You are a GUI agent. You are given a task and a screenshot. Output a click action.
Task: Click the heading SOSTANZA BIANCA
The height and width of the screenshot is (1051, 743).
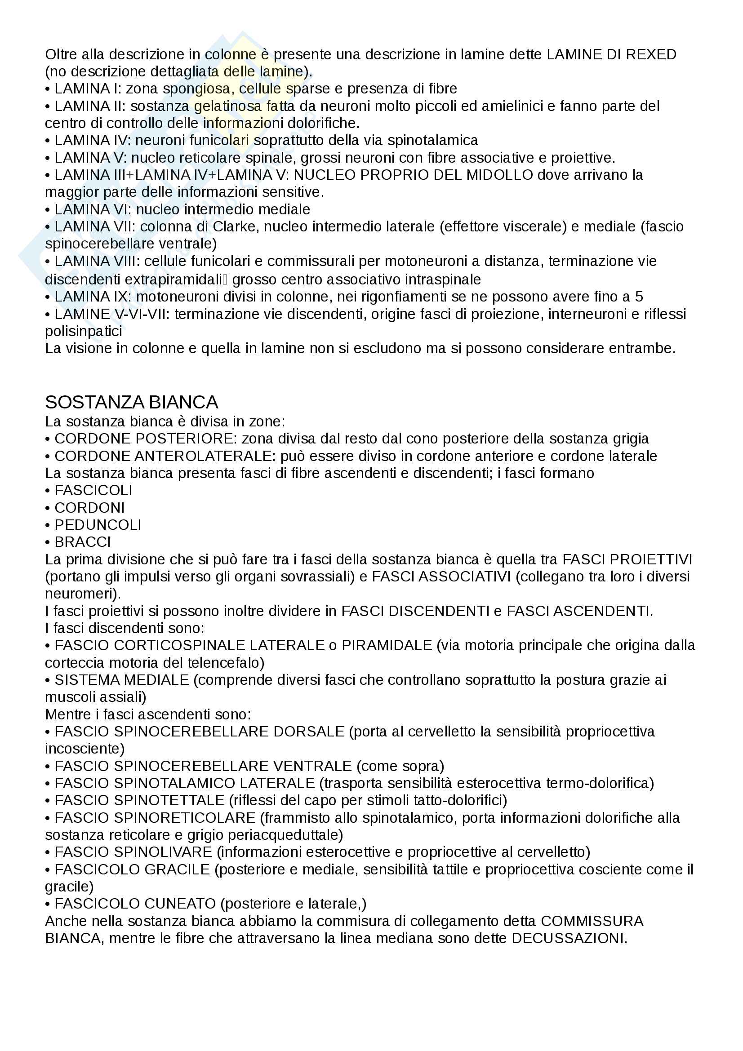[131, 402]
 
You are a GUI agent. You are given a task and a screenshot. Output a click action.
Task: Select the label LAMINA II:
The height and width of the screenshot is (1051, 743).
[90, 106]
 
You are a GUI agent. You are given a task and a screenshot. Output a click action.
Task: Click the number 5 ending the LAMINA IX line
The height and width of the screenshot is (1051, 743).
[639, 297]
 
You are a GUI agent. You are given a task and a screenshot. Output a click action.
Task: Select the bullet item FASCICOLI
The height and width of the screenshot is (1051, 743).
[93, 490]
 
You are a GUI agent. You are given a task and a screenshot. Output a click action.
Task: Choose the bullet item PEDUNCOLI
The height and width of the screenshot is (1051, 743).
[98, 524]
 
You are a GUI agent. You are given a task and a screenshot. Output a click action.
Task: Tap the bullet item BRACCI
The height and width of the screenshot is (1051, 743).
[83, 542]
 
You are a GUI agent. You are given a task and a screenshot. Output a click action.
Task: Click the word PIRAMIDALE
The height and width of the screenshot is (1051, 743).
[387, 645]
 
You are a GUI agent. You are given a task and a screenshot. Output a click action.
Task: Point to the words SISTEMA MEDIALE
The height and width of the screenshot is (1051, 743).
[122, 680]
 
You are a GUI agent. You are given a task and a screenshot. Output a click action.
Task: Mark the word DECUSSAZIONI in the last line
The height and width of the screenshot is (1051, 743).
[569, 938]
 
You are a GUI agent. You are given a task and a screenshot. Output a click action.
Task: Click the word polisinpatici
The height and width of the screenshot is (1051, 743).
[83, 332]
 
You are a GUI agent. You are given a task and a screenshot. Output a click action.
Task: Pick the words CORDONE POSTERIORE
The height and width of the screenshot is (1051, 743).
[144, 439]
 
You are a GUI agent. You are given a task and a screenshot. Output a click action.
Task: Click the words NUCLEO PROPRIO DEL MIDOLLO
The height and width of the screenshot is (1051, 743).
[414, 175]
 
